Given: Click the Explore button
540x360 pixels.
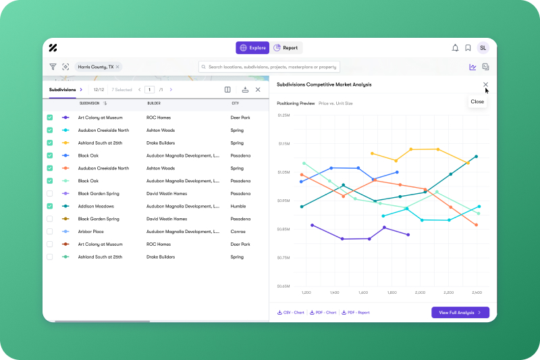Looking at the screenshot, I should coord(252,48).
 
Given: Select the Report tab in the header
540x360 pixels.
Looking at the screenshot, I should coord(286,48).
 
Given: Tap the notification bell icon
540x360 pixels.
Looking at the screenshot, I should coord(455,48).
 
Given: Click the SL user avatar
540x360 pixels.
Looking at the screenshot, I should coord(483,48).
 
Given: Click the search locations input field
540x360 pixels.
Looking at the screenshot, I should coord(270,67).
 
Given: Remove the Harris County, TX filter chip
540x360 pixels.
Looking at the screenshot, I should coord(117,67).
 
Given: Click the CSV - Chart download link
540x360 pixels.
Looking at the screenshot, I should coord(291,313).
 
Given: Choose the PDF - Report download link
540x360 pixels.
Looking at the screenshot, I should coord(356,313).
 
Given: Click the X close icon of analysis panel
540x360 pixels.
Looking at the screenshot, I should coord(485,84).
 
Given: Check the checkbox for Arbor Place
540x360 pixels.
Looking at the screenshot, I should coord(49,232).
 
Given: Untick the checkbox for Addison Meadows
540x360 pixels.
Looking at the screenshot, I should coord(49,206).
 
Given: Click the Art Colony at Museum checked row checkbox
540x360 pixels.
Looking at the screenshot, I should coord(49,118).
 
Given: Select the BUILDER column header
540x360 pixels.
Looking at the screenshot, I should coord(154,103).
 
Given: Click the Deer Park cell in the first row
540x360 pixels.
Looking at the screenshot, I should coord(240,118).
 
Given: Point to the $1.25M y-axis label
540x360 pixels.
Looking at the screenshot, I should coord(283,115).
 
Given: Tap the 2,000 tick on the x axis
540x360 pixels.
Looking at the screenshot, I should coord(420,293).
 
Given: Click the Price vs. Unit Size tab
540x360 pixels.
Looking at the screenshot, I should coord(335,103).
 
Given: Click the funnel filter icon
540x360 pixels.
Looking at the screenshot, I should coord(53,67).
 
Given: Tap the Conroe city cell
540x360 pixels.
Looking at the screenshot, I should coord(238,232).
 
